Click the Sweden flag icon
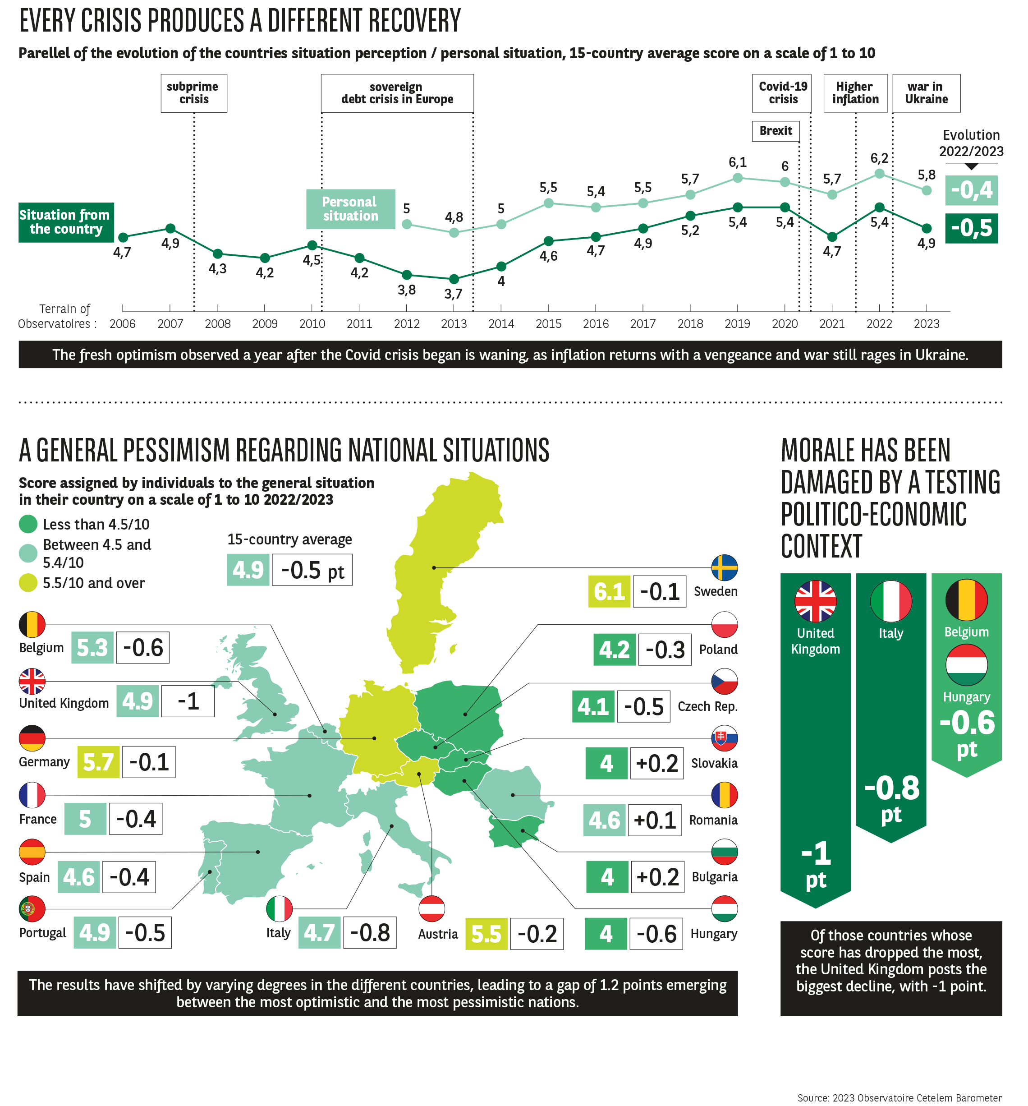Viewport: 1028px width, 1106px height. [724, 567]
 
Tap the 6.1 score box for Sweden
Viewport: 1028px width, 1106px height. [609, 591]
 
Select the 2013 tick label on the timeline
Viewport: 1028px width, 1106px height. [454, 324]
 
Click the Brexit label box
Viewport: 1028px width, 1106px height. [776, 131]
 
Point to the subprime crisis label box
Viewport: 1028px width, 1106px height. [193, 93]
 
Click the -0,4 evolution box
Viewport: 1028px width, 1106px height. [971, 190]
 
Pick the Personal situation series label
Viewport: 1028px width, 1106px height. [350, 209]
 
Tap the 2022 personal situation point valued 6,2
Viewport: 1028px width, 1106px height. [879, 174]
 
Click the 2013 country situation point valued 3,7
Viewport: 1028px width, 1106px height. [454, 279]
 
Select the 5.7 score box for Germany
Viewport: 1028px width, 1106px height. [98, 762]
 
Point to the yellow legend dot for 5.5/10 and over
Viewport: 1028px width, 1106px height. [28, 582]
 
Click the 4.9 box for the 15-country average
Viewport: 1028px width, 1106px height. [248, 570]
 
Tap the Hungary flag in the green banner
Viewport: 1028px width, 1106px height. [966, 665]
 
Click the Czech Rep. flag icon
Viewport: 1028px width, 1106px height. [724, 682]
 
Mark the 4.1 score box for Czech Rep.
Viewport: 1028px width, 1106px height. [592, 706]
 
